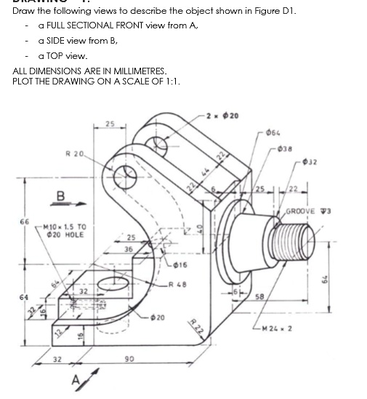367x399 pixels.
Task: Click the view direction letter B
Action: [x=61, y=195]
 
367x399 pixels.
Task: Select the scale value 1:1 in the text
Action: [x=170, y=81]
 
